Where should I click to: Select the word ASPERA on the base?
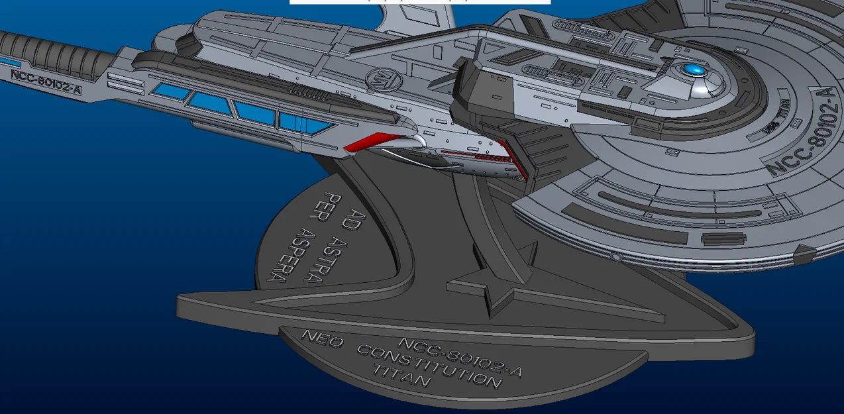[x=290, y=254]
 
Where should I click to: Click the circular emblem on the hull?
[x=384, y=82]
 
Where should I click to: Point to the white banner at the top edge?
[x=419, y=2]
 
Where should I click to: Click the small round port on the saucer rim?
[x=615, y=256]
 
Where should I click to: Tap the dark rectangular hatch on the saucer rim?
[x=723, y=238]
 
